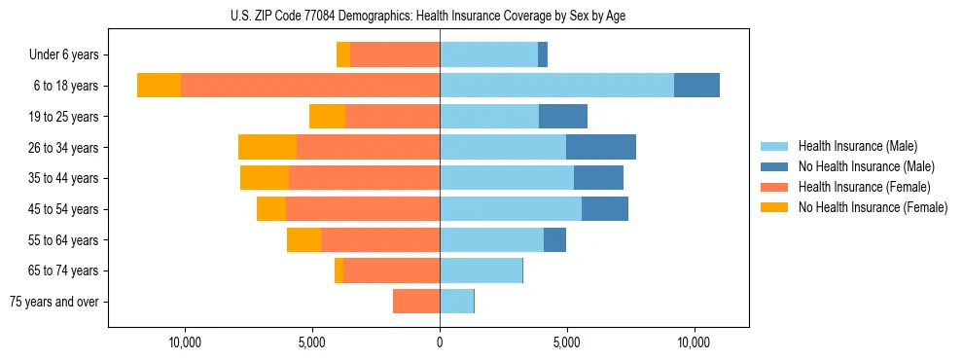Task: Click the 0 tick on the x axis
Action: pyautogui.click(x=440, y=342)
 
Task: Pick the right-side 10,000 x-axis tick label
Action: pyautogui.click(x=694, y=342)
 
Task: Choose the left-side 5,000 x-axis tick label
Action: pyautogui.click(x=312, y=342)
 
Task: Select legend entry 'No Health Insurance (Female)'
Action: pyautogui.click(x=873, y=207)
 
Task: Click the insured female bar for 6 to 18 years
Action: pyautogui.click(x=310, y=86)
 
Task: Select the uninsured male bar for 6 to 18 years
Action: pyautogui.click(x=696, y=86)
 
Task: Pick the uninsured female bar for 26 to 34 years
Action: pyautogui.click(x=267, y=147)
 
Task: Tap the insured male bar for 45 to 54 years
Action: pyautogui.click(x=511, y=209)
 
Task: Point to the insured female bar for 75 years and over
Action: pyautogui.click(x=416, y=302)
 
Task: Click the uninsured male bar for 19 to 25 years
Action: pyautogui.click(x=563, y=117)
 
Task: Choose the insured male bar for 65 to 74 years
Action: pyautogui.click(x=481, y=270)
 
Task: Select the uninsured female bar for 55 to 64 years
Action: pyautogui.click(x=303, y=239)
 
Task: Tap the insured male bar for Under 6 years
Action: pyautogui.click(x=488, y=54)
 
